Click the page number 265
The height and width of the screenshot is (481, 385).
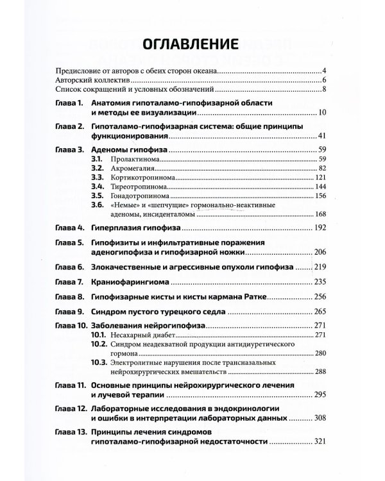click(x=321, y=312)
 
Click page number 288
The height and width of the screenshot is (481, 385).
click(x=321, y=371)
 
